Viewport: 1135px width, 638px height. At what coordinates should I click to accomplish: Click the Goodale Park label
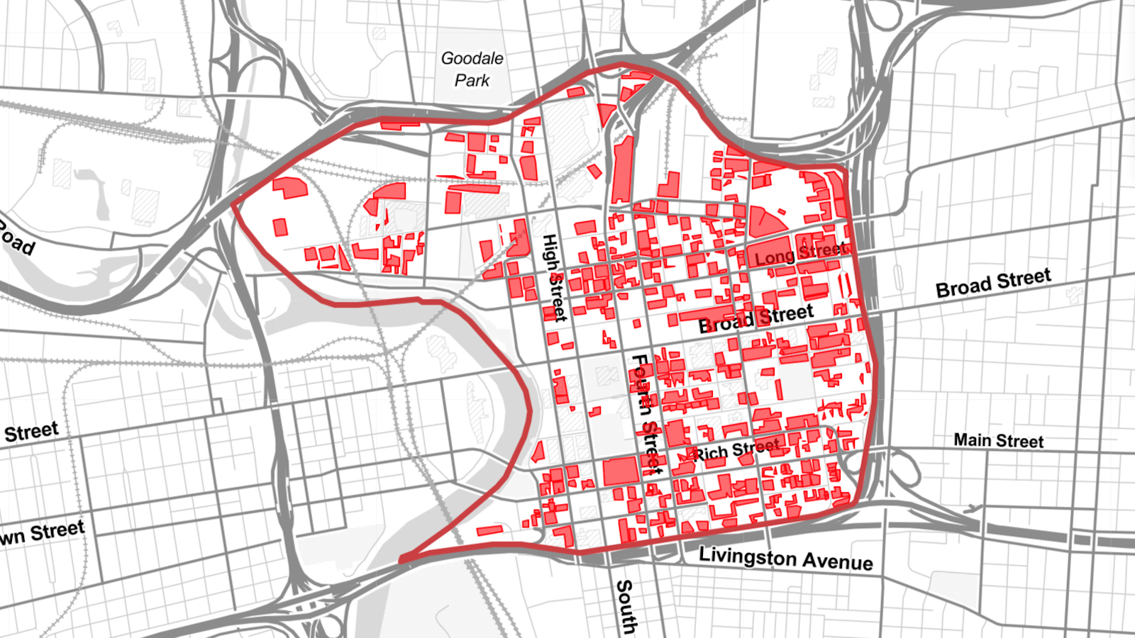point(472,69)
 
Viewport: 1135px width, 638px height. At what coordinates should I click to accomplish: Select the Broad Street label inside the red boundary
point(755,318)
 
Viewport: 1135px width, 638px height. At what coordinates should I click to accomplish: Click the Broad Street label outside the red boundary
point(992,283)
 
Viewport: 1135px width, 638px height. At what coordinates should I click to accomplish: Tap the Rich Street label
point(736,449)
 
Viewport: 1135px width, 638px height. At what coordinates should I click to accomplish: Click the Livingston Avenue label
point(785,559)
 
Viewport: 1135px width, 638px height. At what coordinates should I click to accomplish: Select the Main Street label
point(998,441)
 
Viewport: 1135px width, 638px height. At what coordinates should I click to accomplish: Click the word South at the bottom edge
point(625,606)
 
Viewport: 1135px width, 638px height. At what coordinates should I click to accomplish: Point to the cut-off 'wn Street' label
point(43,533)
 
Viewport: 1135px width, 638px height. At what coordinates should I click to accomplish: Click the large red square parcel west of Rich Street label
point(620,471)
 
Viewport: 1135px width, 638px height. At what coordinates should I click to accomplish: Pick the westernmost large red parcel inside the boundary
point(290,188)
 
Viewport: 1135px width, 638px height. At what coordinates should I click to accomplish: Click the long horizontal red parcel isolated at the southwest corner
point(489,530)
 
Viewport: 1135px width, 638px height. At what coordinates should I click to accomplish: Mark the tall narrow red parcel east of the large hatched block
point(622,170)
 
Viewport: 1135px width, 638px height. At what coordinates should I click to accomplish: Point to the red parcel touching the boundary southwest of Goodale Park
point(399,125)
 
